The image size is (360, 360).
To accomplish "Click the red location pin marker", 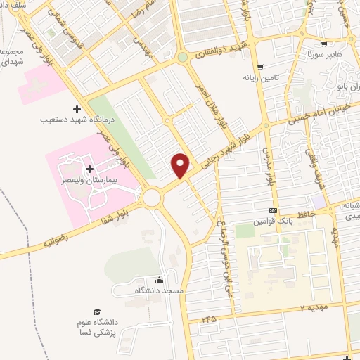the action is click(x=181, y=165).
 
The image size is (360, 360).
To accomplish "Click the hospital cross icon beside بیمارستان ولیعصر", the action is click(x=89, y=169).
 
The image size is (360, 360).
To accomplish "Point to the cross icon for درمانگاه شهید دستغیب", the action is click(x=77, y=109).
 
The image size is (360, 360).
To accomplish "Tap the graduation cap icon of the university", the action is click(x=97, y=311).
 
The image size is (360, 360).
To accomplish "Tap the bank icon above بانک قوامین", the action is click(x=273, y=211).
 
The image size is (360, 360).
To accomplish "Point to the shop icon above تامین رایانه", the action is click(x=261, y=67).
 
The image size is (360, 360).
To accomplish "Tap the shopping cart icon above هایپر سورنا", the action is click(x=323, y=43).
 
